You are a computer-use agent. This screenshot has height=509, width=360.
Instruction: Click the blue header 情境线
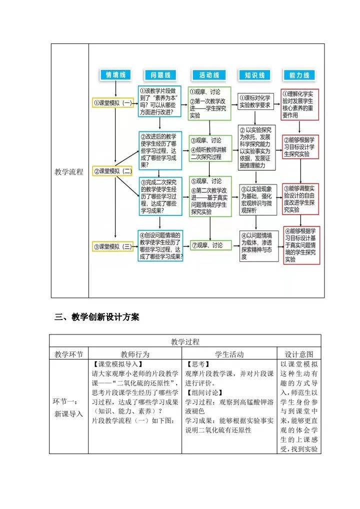click(x=115, y=75)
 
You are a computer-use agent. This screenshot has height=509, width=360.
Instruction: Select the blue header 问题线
click(x=160, y=75)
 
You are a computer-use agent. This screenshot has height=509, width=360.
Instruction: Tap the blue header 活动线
click(x=209, y=75)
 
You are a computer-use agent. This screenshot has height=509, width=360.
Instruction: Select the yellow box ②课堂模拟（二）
click(x=113, y=171)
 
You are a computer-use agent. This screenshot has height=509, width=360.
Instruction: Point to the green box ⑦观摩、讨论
click(x=210, y=245)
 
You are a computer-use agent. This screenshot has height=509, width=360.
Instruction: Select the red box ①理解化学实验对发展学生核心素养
click(x=300, y=104)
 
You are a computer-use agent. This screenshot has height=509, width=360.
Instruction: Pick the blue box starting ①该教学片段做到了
click(x=159, y=101)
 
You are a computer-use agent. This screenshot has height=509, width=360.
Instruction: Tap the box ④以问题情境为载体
click(x=258, y=246)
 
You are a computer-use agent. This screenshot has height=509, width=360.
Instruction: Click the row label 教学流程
click(x=69, y=172)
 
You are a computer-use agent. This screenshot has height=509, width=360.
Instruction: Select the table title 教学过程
click(x=185, y=342)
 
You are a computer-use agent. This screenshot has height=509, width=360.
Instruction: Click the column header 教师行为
click(x=135, y=354)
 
